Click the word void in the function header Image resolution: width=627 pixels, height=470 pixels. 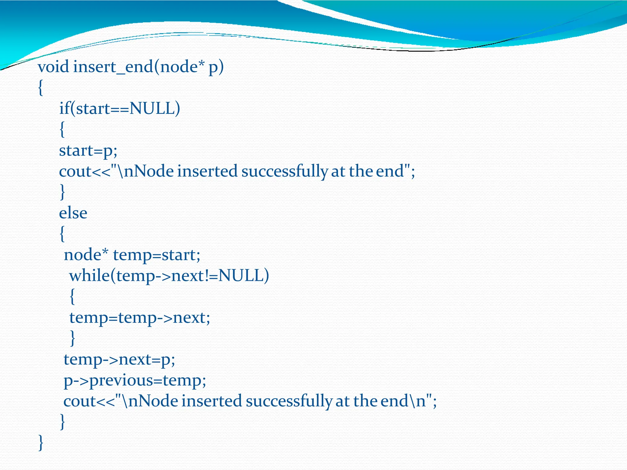coord(53,67)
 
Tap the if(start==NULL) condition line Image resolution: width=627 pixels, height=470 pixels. coord(119,108)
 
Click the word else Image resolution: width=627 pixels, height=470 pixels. coord(73,213)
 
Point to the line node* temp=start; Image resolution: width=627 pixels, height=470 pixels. coord(132,255)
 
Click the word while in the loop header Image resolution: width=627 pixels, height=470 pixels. coord(89,275)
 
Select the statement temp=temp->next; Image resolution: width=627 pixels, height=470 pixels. coord(140,318)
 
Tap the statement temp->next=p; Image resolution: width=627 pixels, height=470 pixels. coord(119,360)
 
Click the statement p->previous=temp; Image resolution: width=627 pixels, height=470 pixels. coord(135,381)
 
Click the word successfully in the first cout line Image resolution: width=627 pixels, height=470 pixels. coord(284,171)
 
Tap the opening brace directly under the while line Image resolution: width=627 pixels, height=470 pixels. coord(72,297)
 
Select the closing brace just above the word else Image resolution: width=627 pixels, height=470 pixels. coord(62,192)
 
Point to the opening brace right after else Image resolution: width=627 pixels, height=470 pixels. coord(62,234)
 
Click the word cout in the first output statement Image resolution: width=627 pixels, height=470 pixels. coord(75,171)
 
